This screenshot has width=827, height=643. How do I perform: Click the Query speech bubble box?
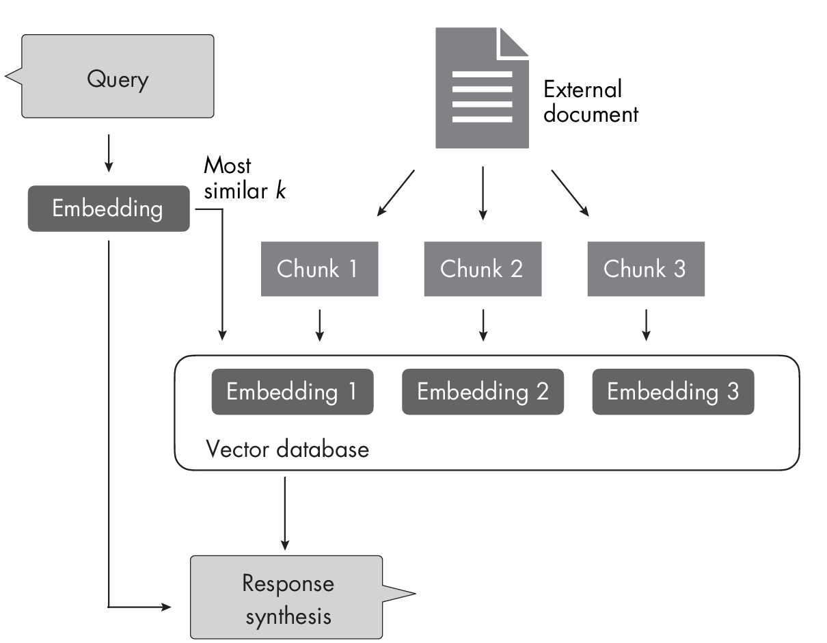tap(118, 77)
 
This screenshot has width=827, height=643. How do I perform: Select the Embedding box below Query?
tap(108, 208)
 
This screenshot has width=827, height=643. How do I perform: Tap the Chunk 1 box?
tap(319, 268)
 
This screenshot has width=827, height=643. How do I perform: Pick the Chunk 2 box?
tap(482, 268)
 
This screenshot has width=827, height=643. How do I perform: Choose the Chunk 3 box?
tap(645, 268)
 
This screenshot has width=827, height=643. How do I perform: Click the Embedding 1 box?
tap(292, 391)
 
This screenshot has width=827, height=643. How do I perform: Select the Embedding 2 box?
tap(483, 391)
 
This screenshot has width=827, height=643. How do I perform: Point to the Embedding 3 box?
tap(673, 391)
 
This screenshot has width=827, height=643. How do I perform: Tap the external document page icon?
tap(478, 96)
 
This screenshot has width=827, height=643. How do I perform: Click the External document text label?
tap(590, 101)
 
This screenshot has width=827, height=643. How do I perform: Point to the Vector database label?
tap(287, 449)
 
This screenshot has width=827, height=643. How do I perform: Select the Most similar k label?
tap(243, 178)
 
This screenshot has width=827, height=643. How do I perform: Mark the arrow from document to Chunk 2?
tap(483, 192)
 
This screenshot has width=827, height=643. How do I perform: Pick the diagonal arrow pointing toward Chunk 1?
tap(396, 194)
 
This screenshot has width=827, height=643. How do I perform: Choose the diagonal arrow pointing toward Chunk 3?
tap(569, 194)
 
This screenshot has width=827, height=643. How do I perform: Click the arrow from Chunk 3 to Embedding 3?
tap(646, 325)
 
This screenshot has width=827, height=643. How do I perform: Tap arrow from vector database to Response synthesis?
tap(284, 513)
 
